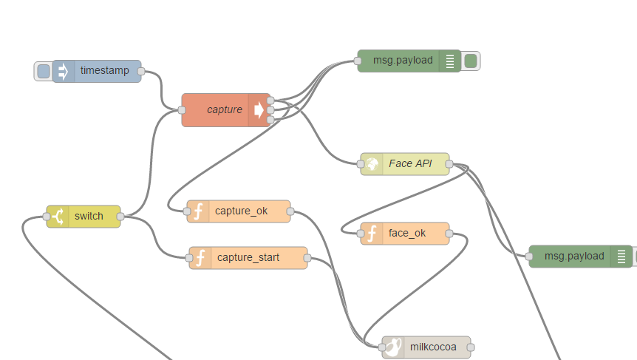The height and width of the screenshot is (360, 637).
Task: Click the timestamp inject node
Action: (103, 71)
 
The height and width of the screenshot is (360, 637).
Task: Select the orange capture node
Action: (218, 110)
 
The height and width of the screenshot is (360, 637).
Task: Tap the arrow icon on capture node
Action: (259, 110)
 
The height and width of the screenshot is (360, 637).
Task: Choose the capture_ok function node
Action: (241, 211)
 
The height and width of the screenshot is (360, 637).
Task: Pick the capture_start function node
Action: (248, 258)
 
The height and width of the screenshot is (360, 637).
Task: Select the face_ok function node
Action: (407, 234)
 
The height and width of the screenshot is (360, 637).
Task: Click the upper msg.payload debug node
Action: (403, 61)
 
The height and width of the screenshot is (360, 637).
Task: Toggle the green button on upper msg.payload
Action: (471, 61)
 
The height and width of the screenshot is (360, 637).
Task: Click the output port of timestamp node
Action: (141, 72)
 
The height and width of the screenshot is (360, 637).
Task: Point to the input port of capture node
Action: (182, 110)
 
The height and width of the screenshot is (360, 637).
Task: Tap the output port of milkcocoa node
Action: (471, 347)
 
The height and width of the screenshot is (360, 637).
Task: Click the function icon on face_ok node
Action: (372, 234)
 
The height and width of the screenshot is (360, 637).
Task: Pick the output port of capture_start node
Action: (307, 258)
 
